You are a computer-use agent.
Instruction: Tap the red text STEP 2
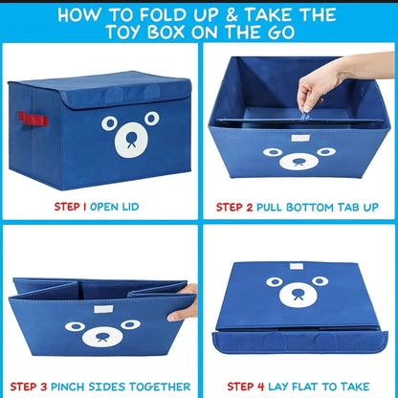[x=235, y=206]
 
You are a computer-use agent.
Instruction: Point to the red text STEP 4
[x=236, y=386]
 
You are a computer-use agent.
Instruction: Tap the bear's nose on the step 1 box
[x=126, y=138]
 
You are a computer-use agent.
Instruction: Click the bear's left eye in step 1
[x=109, y=124]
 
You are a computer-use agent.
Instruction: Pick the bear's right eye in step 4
[x=319, y=281]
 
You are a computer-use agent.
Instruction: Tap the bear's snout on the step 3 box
[x=102, y=338]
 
